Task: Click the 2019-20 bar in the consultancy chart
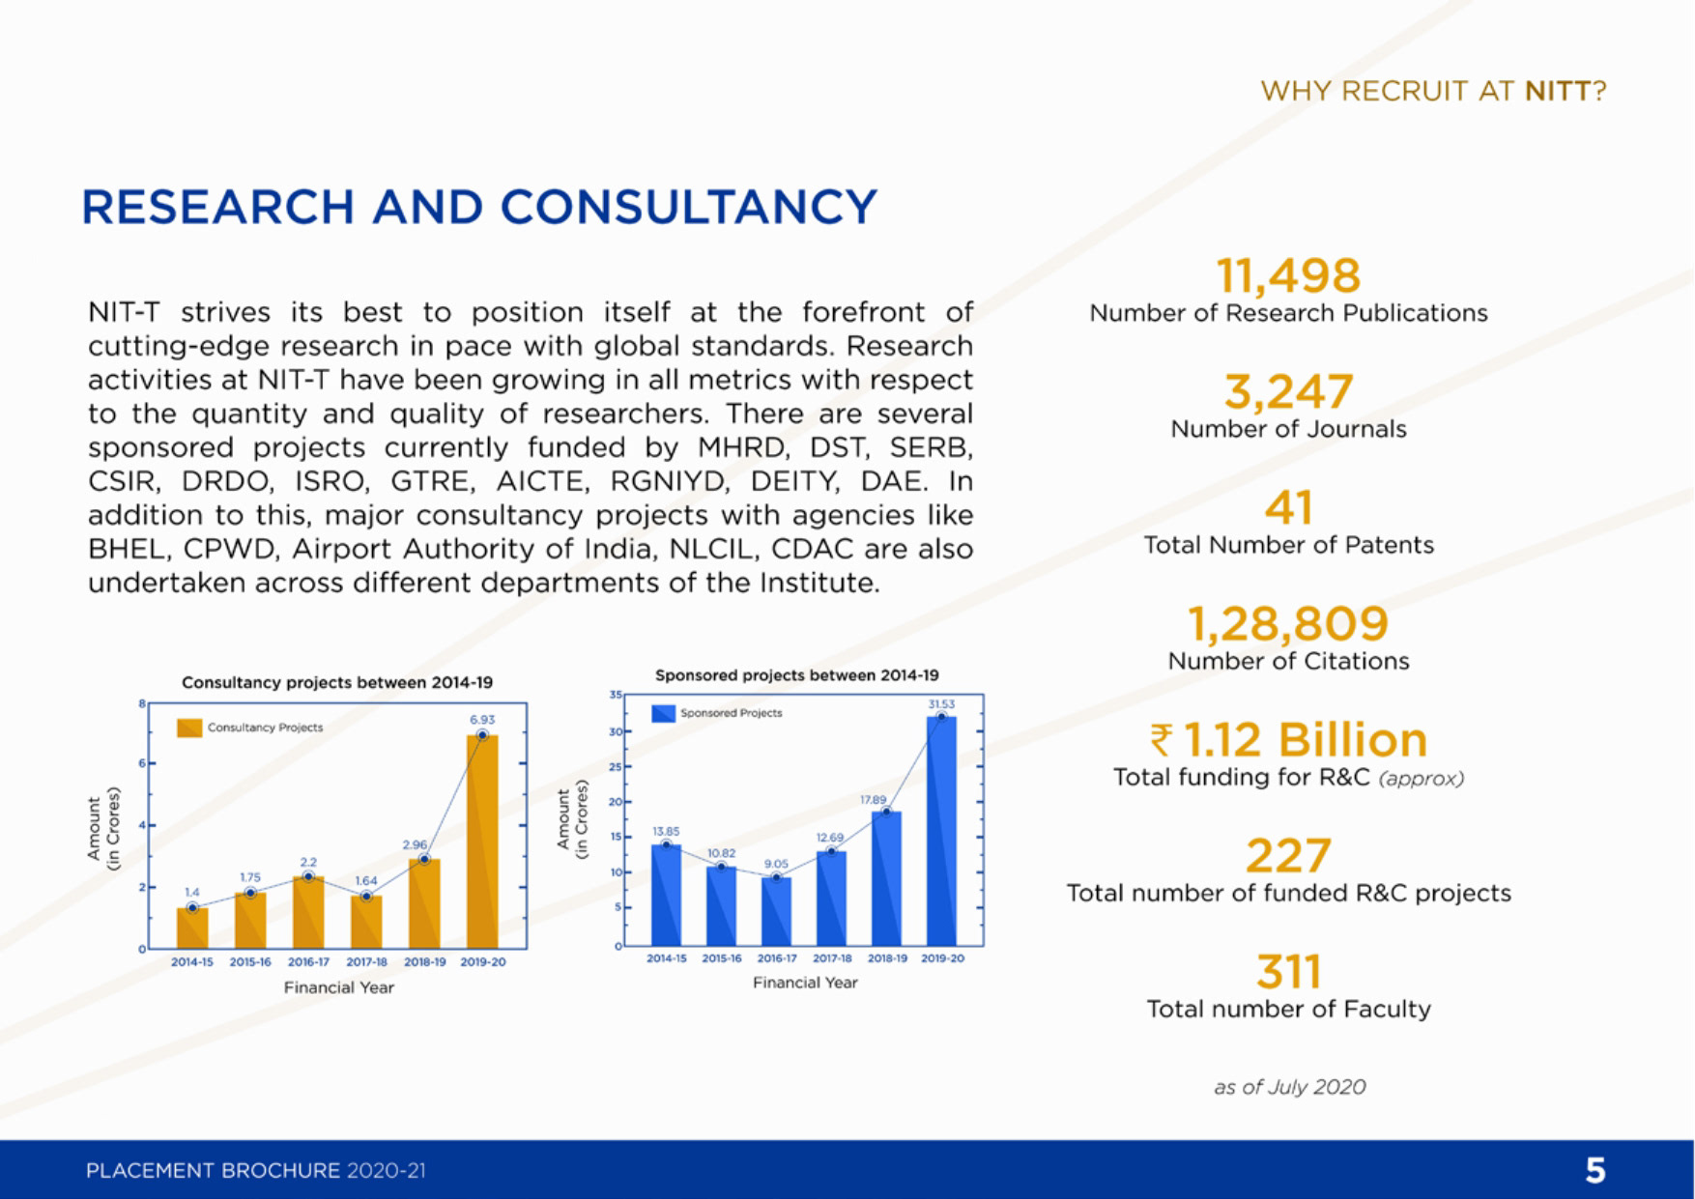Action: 482,841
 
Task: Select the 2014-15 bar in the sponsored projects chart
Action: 666,895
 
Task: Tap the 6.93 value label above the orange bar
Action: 482,720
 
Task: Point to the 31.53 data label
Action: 941,704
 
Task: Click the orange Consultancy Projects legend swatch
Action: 189,728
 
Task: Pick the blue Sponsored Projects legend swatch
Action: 663,713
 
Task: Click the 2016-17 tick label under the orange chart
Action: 308,962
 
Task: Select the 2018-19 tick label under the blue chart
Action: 887,958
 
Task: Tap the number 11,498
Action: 1288,275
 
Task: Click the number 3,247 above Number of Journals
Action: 1288,391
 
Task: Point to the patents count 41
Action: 1288,508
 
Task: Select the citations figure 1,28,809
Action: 1288,624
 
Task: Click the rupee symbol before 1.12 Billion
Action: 1162,741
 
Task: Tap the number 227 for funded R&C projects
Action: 1288,856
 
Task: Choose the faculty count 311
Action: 1288,972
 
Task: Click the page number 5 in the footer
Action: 1595,1170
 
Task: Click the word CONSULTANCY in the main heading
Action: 688,207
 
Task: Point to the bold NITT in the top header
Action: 1558,91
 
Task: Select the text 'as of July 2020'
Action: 1289,1087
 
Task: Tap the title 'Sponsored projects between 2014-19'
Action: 797,675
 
